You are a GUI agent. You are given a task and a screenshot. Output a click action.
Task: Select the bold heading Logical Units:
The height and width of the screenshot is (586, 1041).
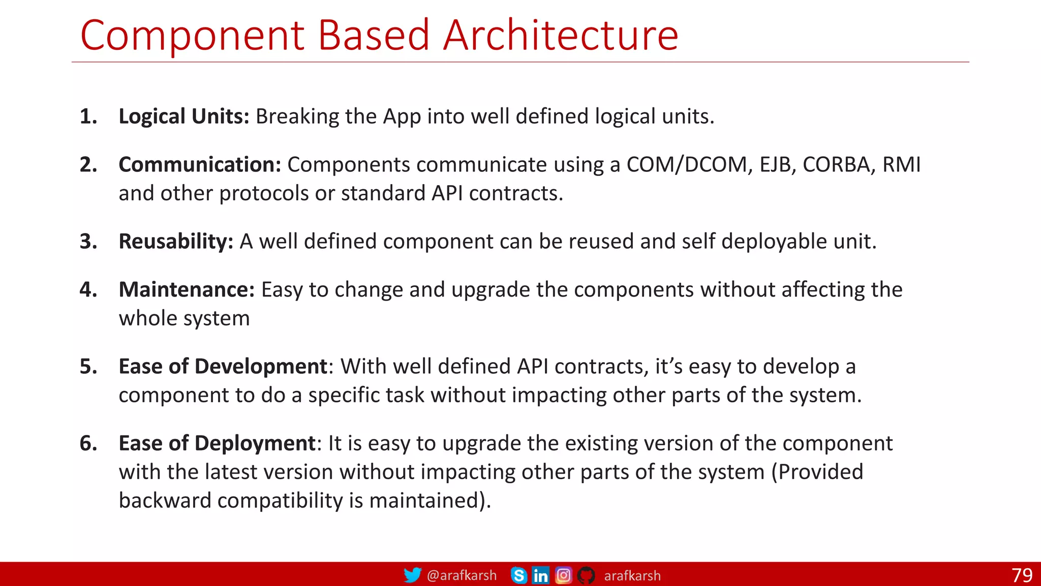click(x=183, y=116)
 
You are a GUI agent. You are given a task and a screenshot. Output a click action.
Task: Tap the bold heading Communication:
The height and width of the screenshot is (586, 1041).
click(x=200, y=165)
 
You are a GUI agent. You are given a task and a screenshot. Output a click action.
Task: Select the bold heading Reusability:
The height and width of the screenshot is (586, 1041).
click(x=176, y=241)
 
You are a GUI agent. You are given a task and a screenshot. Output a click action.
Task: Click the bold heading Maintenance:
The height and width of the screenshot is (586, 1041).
click(x=187, y=289)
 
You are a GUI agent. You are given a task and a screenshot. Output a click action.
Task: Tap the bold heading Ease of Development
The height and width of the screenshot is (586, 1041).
click(x=223, y=366)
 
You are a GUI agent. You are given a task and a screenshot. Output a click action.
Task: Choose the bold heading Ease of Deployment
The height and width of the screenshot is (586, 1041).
click(x=218, y=443)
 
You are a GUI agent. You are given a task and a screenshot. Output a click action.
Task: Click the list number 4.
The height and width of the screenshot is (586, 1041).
click(x=88, y=289)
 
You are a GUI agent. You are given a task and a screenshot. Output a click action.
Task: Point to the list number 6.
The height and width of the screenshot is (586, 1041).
click(x=88, y=443)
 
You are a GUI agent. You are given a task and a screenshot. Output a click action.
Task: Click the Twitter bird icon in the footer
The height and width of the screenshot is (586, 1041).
click(x=412, y=575)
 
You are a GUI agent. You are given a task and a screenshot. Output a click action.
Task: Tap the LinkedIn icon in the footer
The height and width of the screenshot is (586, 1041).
click(x=540, y=575)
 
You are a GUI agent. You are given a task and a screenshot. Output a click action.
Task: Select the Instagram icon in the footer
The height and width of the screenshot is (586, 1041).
click(x=563, y=575)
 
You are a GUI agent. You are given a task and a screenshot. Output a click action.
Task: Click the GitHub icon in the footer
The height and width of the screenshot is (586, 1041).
click(x=586, y=575)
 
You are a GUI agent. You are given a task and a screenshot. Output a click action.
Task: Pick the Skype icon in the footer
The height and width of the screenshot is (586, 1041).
click(x=518, y=575)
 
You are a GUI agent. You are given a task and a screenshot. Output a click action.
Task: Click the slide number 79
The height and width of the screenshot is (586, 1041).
click(x=1022, y=575)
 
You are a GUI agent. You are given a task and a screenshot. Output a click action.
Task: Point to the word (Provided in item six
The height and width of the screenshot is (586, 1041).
click(x=817, y=472)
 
